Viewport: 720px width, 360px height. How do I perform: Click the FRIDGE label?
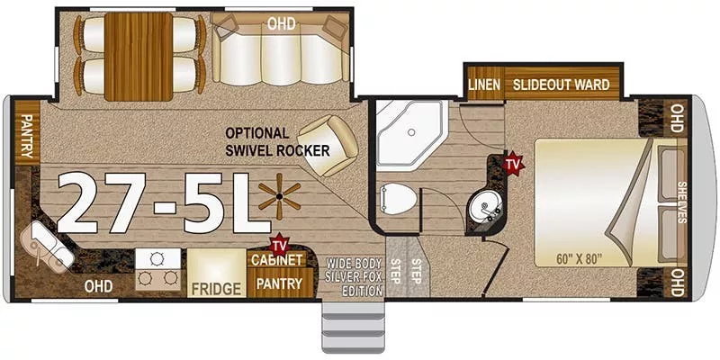pyautogui.click(x=216, y=289)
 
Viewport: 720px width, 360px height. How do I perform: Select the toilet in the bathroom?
pyautogui.click(x=396, y=200)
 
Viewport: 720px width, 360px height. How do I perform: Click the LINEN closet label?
pyautogui.click(x=484, y=85)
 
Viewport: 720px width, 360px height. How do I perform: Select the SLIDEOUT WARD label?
pyautogui.click(x=562, y=85)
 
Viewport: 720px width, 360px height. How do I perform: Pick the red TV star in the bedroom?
pyautogui.click(x=514, y=164)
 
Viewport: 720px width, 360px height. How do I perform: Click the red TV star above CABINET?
pyautogui.click(x=279, y=243)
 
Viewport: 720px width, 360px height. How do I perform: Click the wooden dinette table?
pyautogui.click(x=139, y=56)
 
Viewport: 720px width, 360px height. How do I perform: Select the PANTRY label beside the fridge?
pyautogui.click(x=279, y=283)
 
